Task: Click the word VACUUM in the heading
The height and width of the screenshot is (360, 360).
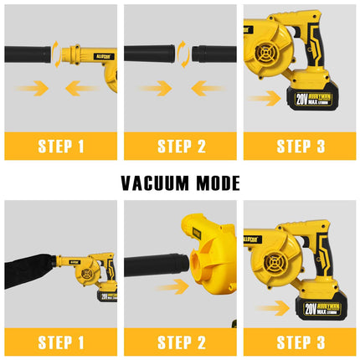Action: pyautogui.click(x=155, y=183)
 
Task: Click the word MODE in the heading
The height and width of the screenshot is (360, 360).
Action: pyautogui.click(x=215, y=183)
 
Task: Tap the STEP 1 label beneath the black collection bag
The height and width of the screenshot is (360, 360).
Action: pyautogui.click(x=60, y=342)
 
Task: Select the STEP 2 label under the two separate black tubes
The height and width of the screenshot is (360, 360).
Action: pyautogui.click(x=180, y=147)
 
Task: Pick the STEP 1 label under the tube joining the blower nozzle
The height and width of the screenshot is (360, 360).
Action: pyautogui.click(x=60, y=147)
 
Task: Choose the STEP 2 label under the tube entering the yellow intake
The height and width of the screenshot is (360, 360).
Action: pyautogui.click(x=180, y=342)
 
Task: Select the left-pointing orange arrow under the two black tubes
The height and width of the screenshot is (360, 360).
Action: pyautogui.click(x=205, y=88)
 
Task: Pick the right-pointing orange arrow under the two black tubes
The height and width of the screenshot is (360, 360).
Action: pyautogui.click(x=156, y=88)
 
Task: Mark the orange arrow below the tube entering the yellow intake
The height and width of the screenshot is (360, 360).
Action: pyautogui.click(x=171, y=286)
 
